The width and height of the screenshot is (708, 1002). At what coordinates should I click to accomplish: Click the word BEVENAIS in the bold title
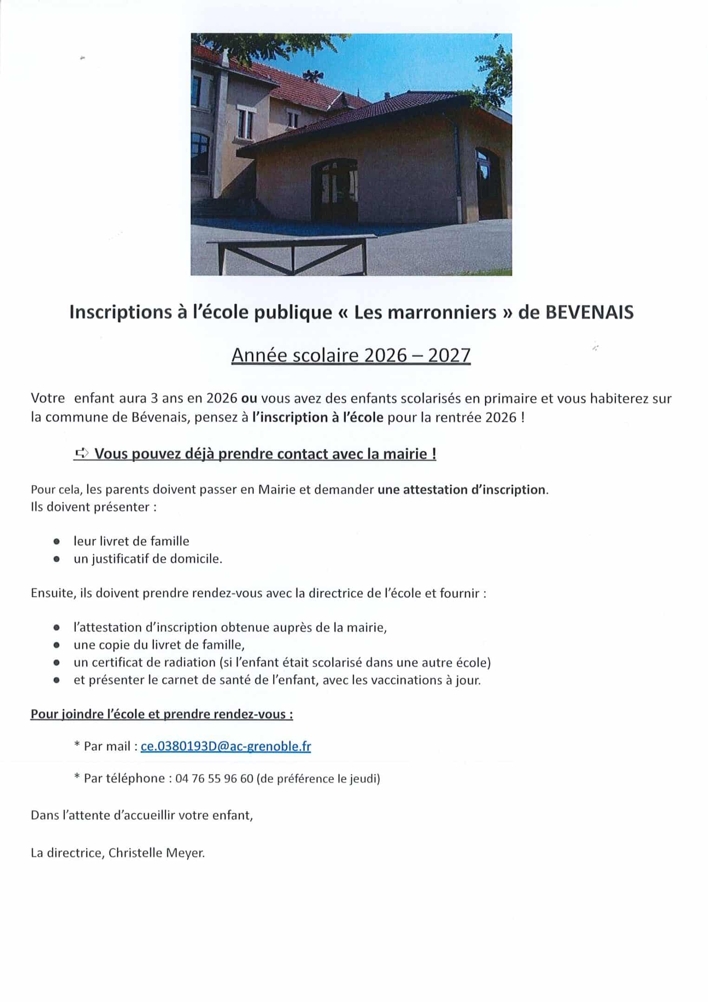pyautogui.click(x=589, y=313)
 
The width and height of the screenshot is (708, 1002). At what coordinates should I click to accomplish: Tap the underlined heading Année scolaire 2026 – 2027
pyautogui.click(x=351, y=355)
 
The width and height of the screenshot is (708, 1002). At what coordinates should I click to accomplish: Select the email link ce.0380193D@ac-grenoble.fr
pyautogui.click(x=226, y=746)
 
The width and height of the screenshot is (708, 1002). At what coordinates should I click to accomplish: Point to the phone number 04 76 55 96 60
pyautogui.click(x=214, y=778)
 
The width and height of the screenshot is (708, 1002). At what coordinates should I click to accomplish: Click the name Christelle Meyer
pyautogui.click(x=156, y=853)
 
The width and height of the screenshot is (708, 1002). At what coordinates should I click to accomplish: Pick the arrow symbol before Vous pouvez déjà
pyautogui.click(x=82, y=454)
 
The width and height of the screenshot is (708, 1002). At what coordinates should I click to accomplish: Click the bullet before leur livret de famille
pyautogui.click(x=57, y=541)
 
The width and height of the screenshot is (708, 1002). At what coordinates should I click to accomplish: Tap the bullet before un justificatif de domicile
pyautogui.click(x=57, y=559)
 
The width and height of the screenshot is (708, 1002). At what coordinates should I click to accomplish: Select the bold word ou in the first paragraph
pyautogui.click(x=249, y=398)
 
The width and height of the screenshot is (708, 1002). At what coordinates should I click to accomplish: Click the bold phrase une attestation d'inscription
pyautogui.click(x=461, y=490)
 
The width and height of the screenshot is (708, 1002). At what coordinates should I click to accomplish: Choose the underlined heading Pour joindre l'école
pyautogui.click(x=162, y=714)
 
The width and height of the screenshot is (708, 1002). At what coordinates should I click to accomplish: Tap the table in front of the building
pyautogui.click(x=292, y=253)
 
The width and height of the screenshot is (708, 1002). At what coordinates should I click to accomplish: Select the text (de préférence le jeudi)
pyautogui.click(x=318, y=778)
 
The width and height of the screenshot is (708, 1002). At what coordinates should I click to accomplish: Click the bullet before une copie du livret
pyautogui.click(x=57, y=645)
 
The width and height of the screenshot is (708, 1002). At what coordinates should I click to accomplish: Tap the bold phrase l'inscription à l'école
pyautogui.click(x=318, y=417)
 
